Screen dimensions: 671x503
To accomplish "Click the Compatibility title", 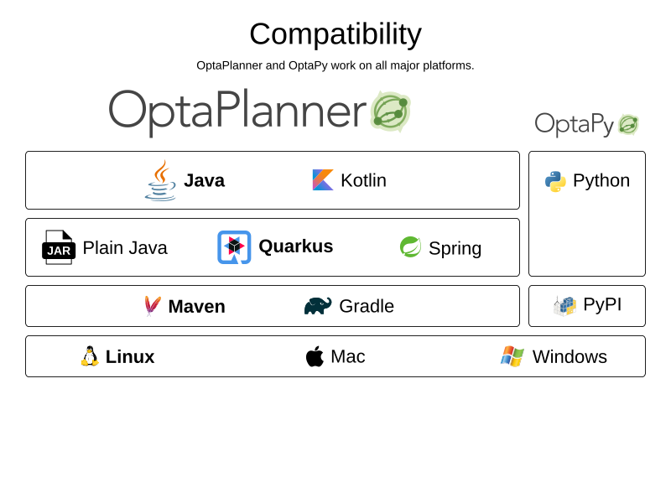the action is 335,34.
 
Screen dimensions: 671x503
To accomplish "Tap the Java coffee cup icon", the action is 160,180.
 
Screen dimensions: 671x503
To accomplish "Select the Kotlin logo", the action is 323,180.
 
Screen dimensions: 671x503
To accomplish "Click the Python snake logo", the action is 555,181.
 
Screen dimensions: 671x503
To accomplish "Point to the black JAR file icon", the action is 59,247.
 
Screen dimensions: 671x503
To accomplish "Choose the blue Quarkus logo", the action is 234,247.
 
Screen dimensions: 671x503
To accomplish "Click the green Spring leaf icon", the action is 410,247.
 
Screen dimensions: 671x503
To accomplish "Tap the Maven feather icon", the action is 153,306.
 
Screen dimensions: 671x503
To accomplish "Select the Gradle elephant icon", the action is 318,306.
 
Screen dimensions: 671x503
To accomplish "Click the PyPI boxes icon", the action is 564,306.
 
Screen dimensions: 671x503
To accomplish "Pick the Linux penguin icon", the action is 90,355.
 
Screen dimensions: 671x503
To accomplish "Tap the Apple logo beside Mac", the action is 315,355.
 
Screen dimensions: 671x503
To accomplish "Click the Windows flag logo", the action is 512,356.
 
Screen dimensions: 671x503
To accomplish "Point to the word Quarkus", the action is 296,246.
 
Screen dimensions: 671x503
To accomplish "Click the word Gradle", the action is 367,306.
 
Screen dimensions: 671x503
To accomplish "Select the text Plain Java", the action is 125,248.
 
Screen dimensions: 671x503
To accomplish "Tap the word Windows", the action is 570,357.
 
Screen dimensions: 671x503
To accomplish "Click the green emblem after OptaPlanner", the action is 390,111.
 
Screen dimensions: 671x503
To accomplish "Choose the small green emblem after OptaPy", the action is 628,124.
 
